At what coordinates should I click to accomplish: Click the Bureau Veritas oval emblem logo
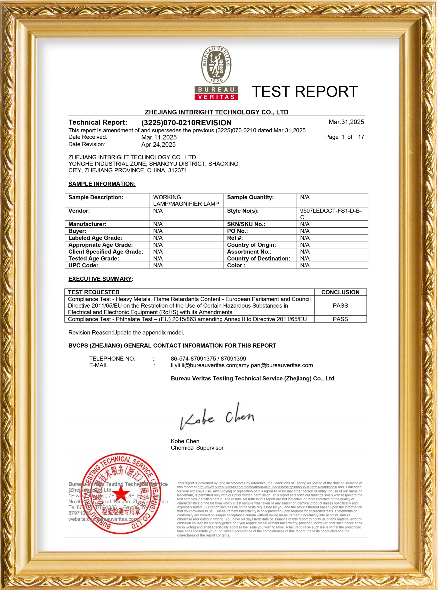point(216,65)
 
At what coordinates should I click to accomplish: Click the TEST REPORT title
point(305,92)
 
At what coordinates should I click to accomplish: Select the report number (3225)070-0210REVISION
point(186,123)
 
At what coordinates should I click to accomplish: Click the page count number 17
point(361,137)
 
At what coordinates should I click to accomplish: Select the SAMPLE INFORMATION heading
point(102,184)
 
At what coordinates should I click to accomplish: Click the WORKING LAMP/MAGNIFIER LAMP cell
point(186,200)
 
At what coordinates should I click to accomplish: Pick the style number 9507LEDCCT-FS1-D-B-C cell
point(331,214)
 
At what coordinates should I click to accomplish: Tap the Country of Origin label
point(251,245)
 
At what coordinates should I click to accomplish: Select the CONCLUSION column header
point(340,292)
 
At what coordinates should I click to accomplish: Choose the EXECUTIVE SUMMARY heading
point(100,279)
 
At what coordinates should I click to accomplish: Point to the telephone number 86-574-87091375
point(193,359)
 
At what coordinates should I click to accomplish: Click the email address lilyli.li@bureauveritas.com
point(204,365)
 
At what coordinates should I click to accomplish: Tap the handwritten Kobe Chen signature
point(217,416)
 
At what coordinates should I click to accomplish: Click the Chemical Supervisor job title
point(197,448)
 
